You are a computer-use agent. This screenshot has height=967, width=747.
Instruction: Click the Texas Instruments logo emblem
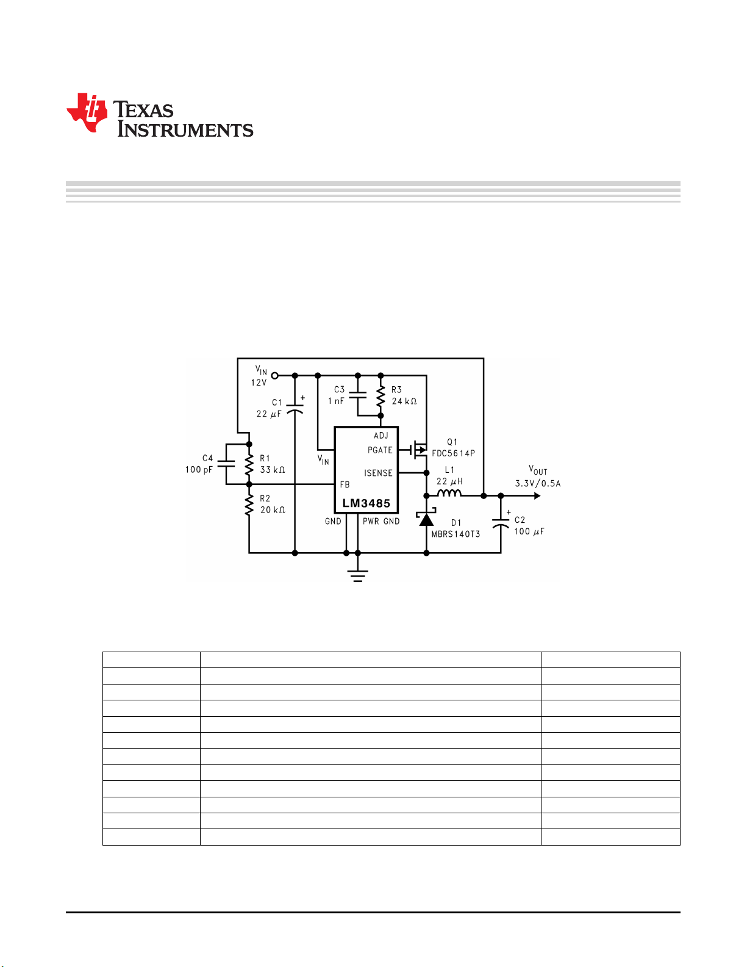87,113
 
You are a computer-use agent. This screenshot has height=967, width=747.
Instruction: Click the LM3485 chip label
366,503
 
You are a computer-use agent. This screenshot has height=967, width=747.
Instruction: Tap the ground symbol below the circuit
358,576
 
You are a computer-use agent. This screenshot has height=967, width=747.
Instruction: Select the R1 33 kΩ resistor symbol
249,464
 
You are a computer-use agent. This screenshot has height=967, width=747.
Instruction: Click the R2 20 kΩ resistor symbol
249,505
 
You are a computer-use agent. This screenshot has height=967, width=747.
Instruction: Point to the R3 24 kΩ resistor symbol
381,395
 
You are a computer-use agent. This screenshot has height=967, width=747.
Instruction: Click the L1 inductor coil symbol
449,492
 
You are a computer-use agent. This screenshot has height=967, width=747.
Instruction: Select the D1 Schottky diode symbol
426,517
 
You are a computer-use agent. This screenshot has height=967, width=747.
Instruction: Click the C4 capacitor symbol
226,464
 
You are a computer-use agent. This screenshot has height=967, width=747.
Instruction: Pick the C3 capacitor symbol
358,395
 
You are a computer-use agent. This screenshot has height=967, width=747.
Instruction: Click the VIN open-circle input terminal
275,376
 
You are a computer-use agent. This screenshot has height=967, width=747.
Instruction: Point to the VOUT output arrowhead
538,496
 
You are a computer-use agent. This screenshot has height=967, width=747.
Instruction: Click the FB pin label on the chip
345,484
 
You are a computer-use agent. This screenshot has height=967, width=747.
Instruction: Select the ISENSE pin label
379,473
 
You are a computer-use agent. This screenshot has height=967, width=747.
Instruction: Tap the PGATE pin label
380,450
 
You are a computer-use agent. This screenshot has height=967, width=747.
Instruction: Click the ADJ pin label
381,435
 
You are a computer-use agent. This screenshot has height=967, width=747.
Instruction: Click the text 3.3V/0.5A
538,484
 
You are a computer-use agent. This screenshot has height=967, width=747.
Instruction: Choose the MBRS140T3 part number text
456,534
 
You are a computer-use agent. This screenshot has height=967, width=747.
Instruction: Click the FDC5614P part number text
454,453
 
